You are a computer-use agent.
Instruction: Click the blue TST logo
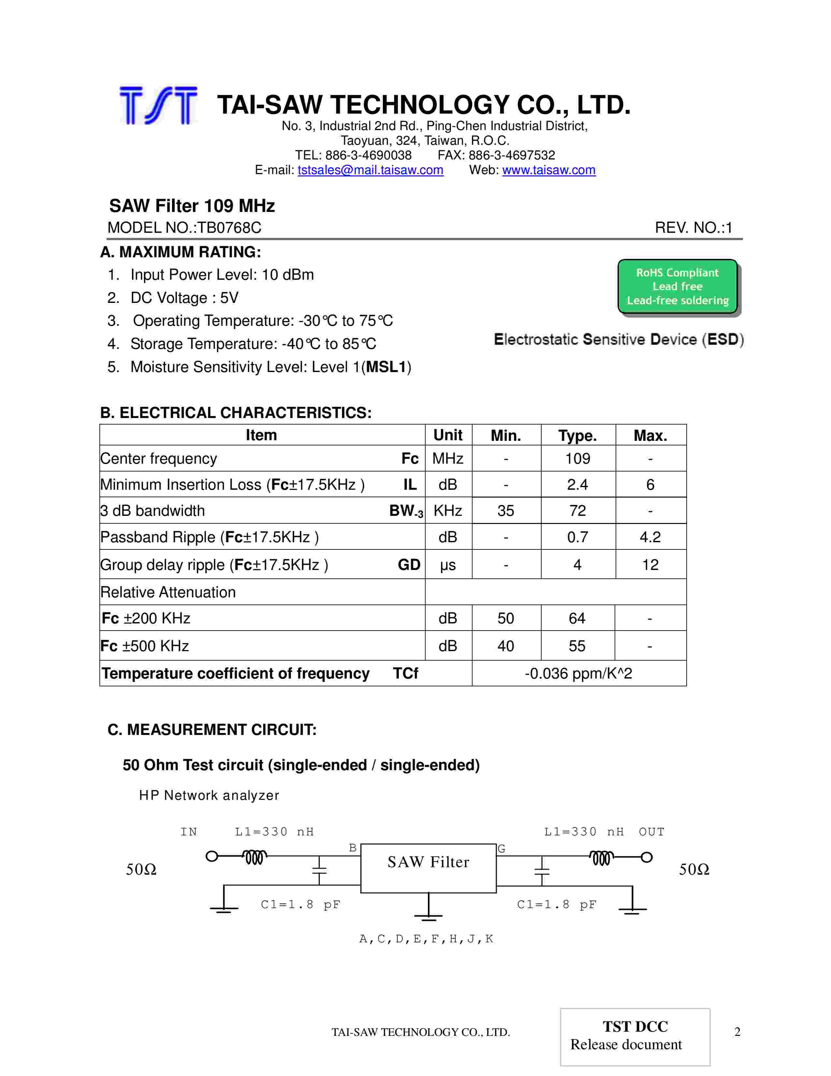[x=158, y=105]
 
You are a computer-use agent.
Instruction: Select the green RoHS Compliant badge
[x=678, y=286]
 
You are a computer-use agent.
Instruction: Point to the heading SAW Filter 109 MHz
[x=192, y=205]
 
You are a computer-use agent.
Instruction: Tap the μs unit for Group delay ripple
[x=447, y=565]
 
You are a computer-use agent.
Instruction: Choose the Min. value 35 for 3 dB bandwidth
[x=505, y=511]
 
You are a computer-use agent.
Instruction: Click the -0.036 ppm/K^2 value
[x=578, y=674]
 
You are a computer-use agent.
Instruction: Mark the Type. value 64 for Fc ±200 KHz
[x=577, y=618]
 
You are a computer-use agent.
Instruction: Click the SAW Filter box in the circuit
[x=428, y=868]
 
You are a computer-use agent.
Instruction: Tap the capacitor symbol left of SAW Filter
[x=319, y=871]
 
